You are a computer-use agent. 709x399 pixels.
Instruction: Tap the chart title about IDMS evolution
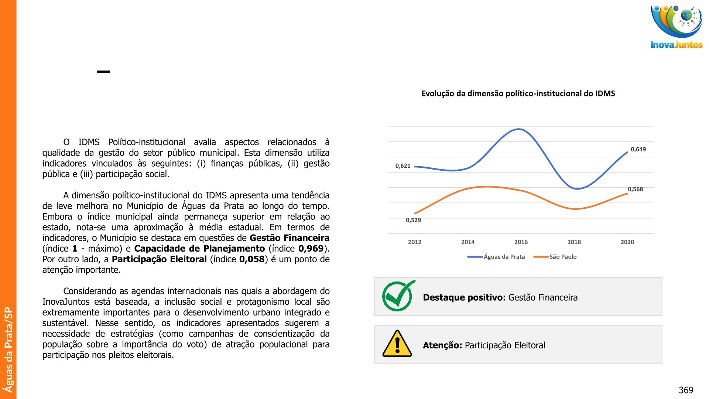pos(518,93)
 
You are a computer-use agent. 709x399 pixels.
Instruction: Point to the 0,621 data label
pos(403,166)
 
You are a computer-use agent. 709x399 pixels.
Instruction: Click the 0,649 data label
pos(638,149)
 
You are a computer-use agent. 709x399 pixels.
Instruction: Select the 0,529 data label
pos(413,220)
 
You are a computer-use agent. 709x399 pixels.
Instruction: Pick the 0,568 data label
pos(635,189)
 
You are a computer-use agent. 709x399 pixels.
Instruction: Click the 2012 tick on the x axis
pos(414,242)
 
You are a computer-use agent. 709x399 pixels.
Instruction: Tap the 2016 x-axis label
pos(521,242)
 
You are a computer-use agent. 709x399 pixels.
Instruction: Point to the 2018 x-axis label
pos(574,242)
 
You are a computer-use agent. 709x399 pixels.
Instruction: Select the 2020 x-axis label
pos(627,242)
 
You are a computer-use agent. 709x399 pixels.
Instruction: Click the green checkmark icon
pos(398,296)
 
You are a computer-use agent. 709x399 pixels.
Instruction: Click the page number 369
pos(686,390)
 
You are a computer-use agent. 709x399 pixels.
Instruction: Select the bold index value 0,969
pos(311,249)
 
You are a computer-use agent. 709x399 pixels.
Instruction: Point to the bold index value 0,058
pos(251,259)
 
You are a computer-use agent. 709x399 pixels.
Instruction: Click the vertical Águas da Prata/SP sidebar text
pos(8,349)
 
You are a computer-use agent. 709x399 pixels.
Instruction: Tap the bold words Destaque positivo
pos(464,297)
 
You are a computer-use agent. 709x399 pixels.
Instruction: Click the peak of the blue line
pos(519,129)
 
